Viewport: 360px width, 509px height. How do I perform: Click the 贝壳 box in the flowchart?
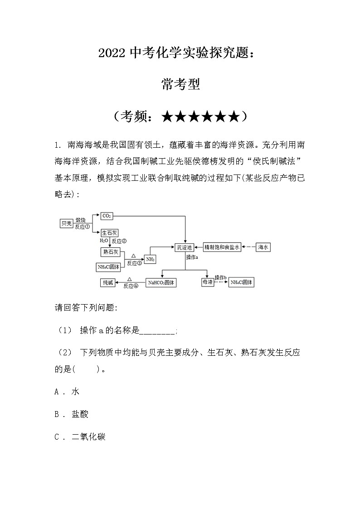click(x=67, y=223)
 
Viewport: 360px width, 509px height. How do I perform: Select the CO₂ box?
click(x=107, y=216)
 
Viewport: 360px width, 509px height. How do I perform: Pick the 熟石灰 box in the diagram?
click(x=110, y=252)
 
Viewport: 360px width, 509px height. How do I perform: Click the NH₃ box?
click(x=151, y=259)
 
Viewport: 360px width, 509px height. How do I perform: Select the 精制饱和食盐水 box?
click(x=221, y=247)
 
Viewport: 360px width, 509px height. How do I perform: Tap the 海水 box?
click(x=263, y=247)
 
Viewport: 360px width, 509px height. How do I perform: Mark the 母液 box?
click(x=207, y=282)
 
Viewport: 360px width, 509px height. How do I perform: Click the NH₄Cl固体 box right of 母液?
click(x=241, y=282)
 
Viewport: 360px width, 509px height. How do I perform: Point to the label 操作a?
click(x=192, y=257)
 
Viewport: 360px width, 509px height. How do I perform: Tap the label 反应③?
click(x=135, y=263)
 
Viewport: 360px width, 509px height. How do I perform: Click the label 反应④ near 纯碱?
click(x=131, y=286)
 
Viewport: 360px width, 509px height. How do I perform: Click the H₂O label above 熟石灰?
click(x=104, y=241)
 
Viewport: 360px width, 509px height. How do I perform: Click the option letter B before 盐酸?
click(x=57, y=414)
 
